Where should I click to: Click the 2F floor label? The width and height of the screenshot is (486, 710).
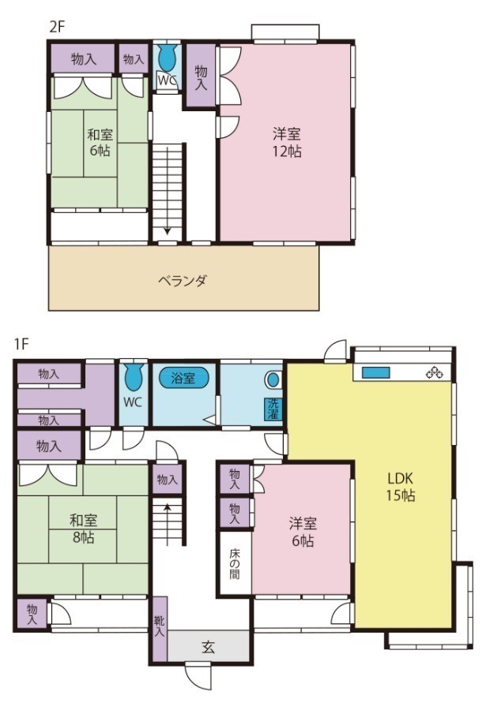tap(56, 25)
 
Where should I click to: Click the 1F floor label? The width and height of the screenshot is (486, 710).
tap(21, 345)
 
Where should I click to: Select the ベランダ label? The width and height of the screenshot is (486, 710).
tap(182, 281)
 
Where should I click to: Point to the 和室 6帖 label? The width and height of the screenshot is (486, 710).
tap(99, 142)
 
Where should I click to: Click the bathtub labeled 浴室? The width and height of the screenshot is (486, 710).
tap(183, 378)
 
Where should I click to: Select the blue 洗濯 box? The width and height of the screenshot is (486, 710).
tap(272, 409)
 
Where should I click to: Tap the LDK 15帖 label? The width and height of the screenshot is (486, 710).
tap(401, 488)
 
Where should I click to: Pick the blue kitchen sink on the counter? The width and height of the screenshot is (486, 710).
tap(376, 372)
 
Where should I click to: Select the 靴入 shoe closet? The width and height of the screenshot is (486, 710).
tap(159, 628)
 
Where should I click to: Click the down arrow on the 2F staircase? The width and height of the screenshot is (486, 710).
tap(168, 231)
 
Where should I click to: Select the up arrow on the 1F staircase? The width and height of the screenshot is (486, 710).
tap(168, 509)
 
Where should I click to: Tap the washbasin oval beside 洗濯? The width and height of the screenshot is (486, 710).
tap(273, 379)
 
